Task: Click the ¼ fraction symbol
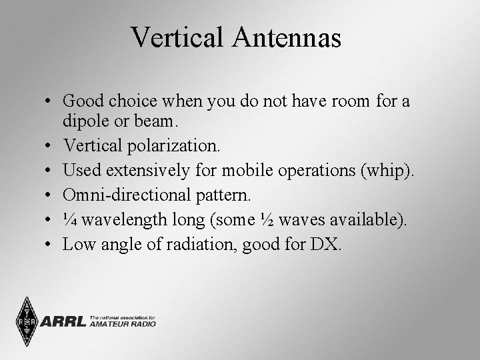69,220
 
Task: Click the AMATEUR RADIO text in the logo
123,325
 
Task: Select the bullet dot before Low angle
51,245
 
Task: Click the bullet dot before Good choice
51,101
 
